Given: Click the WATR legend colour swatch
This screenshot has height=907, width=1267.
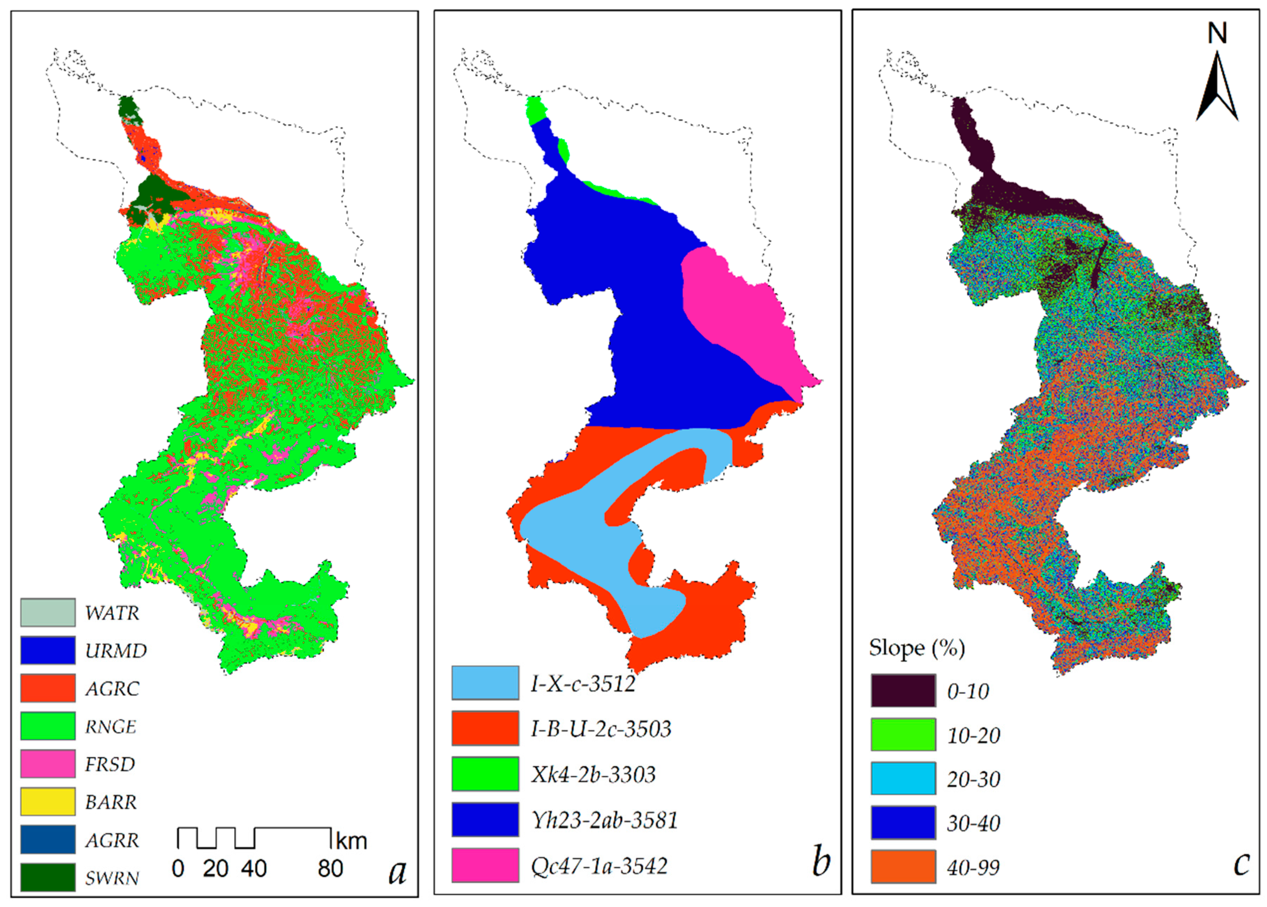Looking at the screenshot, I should point(48,613).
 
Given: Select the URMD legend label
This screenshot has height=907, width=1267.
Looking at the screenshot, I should point(116,651).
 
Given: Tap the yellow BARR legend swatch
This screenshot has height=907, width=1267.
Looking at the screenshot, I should point(48,801).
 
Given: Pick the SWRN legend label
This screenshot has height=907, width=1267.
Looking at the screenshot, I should point(112,878).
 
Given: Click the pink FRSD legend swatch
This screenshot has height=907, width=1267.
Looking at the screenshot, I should point(48,763).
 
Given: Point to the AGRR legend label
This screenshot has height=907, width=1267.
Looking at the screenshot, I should point(112,840).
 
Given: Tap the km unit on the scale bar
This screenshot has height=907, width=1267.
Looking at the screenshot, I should point(351,841).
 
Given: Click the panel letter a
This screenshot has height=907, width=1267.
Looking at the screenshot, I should point(397,871).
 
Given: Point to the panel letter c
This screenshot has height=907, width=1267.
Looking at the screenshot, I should point(1241,864).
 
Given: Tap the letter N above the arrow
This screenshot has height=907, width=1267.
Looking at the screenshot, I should point(1217,34).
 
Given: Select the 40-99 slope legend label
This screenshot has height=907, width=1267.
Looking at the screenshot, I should point(973,867).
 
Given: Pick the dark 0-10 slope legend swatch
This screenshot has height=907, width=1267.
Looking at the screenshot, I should point(903,691).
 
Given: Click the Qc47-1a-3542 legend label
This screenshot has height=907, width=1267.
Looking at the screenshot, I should point(599,866).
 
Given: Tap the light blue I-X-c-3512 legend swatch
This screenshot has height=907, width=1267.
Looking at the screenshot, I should point(485,683).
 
